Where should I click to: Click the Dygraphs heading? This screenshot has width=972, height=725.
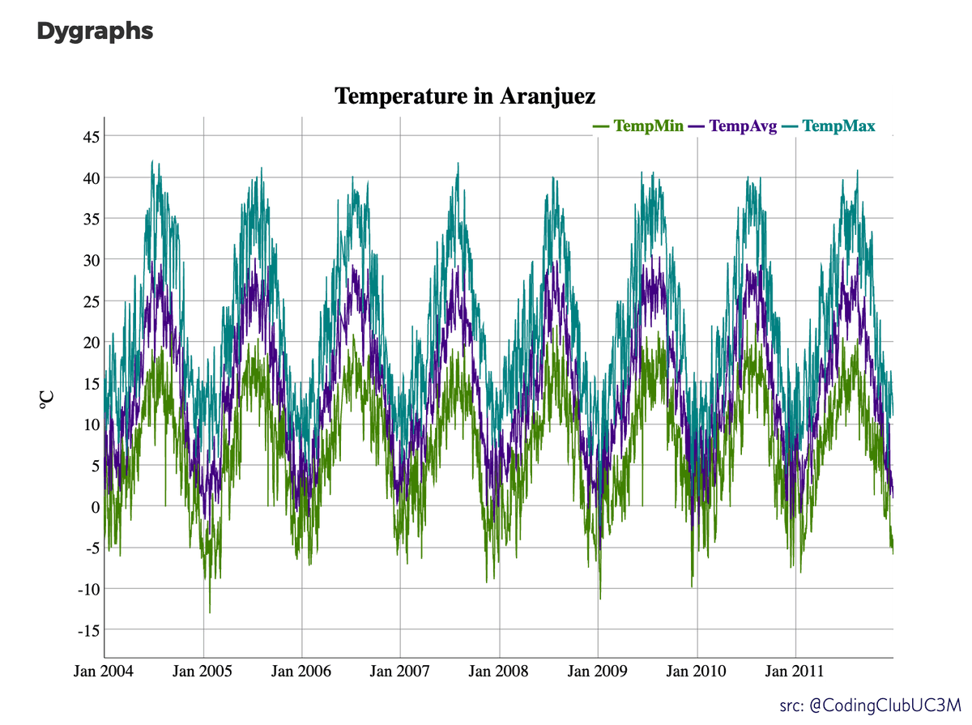point(95,32)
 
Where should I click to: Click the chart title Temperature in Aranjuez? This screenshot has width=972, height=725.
point(465,96)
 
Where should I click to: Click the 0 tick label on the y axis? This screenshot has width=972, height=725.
point(94,507)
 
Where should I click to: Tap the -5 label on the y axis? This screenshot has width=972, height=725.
point(91,548)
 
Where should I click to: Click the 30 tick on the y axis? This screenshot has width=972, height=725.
point(89,260)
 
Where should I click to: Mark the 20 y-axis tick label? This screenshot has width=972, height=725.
point(89,342)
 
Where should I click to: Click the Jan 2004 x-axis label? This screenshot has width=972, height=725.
point(105,672)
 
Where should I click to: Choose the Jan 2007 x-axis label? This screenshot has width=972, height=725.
point(400,672)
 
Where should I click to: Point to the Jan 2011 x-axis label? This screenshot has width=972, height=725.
point(795,672)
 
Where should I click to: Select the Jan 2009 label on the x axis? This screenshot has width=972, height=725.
point(598,672)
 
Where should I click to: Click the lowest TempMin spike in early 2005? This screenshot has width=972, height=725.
point(210,612)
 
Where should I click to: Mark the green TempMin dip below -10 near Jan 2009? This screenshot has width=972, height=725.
point(600,598)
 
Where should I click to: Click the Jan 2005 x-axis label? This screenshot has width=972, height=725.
point(203,672)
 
